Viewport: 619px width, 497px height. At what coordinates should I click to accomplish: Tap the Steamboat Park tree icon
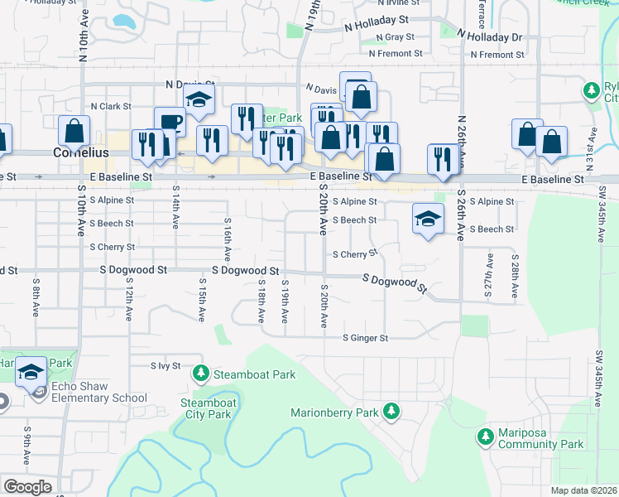tap(200, 374)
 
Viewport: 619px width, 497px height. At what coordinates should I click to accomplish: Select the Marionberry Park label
tap(333, 413)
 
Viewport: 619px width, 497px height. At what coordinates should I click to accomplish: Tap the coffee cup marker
tap(170, 122)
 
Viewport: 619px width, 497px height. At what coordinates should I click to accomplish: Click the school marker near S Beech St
tap(427, 220)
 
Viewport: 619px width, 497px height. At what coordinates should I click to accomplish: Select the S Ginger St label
tap(366, 338)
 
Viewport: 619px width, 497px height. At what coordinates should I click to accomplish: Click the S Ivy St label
tap(166, 365)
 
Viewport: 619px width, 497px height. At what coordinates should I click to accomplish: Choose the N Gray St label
tap(395, 37)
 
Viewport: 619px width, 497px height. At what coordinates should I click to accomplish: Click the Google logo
tap(27, 487)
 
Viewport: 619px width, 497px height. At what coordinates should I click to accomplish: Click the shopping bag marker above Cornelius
tap(74, 131)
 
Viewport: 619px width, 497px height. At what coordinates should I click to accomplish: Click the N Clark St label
tap(111, 106)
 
